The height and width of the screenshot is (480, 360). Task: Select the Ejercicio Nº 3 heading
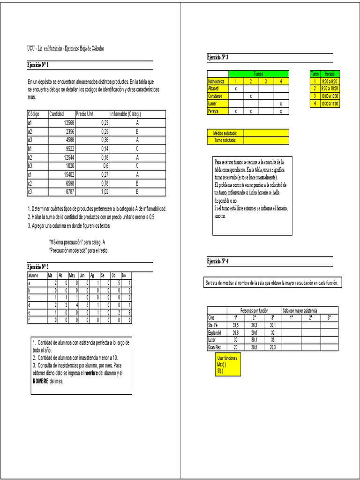tap(218, 57)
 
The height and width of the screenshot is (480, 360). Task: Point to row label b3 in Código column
tap(30, 165)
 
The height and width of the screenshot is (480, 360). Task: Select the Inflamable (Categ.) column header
tap(125, 114)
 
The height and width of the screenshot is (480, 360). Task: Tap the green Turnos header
tap(258, 74)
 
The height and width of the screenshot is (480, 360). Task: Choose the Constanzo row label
tap(215, 96)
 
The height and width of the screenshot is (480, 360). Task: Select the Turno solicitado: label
tap(226, 140)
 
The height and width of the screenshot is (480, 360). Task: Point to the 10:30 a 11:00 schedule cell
tap(330, 103)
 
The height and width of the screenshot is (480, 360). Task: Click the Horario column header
tap(330, 74)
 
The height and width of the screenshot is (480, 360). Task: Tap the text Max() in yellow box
tap(221, 364)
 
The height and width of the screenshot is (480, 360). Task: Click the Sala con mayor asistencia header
tap(300, 310)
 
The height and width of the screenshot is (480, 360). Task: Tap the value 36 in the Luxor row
tap(272, 340)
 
